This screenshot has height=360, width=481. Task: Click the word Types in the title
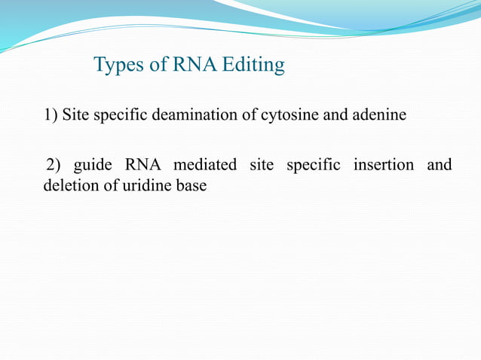(x=118, y=66)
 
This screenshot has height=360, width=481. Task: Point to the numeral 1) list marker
(x=51, y=115)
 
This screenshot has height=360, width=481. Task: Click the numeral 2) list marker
(x=53, y=165)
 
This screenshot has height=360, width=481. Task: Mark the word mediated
(x=205, y=165)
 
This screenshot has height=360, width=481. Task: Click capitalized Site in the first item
(x=75, y=115)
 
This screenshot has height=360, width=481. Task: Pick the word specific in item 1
(x=120, y=115)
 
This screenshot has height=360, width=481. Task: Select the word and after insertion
(x=440, y=165)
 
